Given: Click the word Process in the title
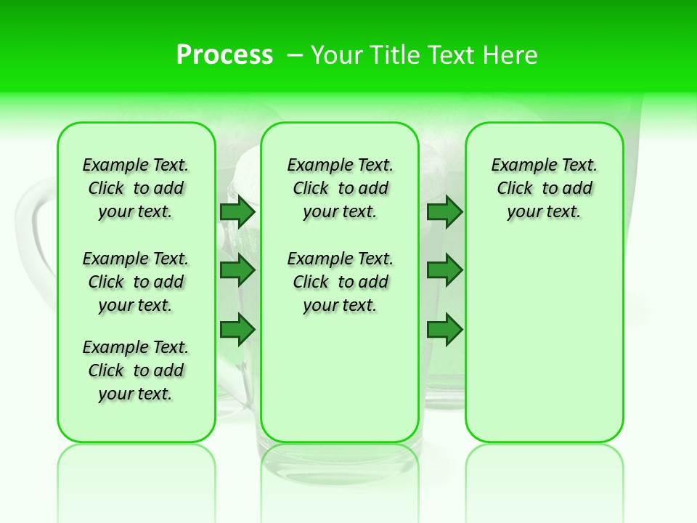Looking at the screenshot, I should (x=224, y=55).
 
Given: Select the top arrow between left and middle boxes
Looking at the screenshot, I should (x=237, y=212).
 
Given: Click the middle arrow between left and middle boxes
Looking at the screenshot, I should (x=237, y=270).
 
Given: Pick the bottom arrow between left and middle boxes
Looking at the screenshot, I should (x=237, y=329).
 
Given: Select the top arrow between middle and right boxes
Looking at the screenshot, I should (x=444, y=212).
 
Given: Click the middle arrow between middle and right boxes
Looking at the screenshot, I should (x=444, y=270).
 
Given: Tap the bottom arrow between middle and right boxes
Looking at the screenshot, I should (x=444, y=329).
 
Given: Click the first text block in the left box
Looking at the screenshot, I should (x=136, y=188).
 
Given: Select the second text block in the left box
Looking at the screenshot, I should (x=136, y=282).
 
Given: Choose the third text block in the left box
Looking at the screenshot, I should (x=136, y=370).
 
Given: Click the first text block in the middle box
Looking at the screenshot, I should (x=340, y=188).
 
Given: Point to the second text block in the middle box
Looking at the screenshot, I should (x=340, y=282).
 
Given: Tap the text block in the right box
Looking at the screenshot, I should (x=544, y=188).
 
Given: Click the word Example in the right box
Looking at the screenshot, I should (x=521, y=166).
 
